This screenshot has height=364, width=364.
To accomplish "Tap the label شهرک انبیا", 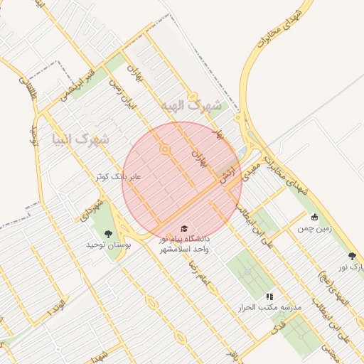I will coord(80,138).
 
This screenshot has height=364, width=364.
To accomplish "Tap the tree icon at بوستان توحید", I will coord(108,233).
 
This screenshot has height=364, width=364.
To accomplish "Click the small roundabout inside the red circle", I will coord(165,149).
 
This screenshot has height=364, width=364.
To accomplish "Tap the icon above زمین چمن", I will coord(315,217).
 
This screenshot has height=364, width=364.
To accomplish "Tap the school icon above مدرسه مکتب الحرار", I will coord(269,296).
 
